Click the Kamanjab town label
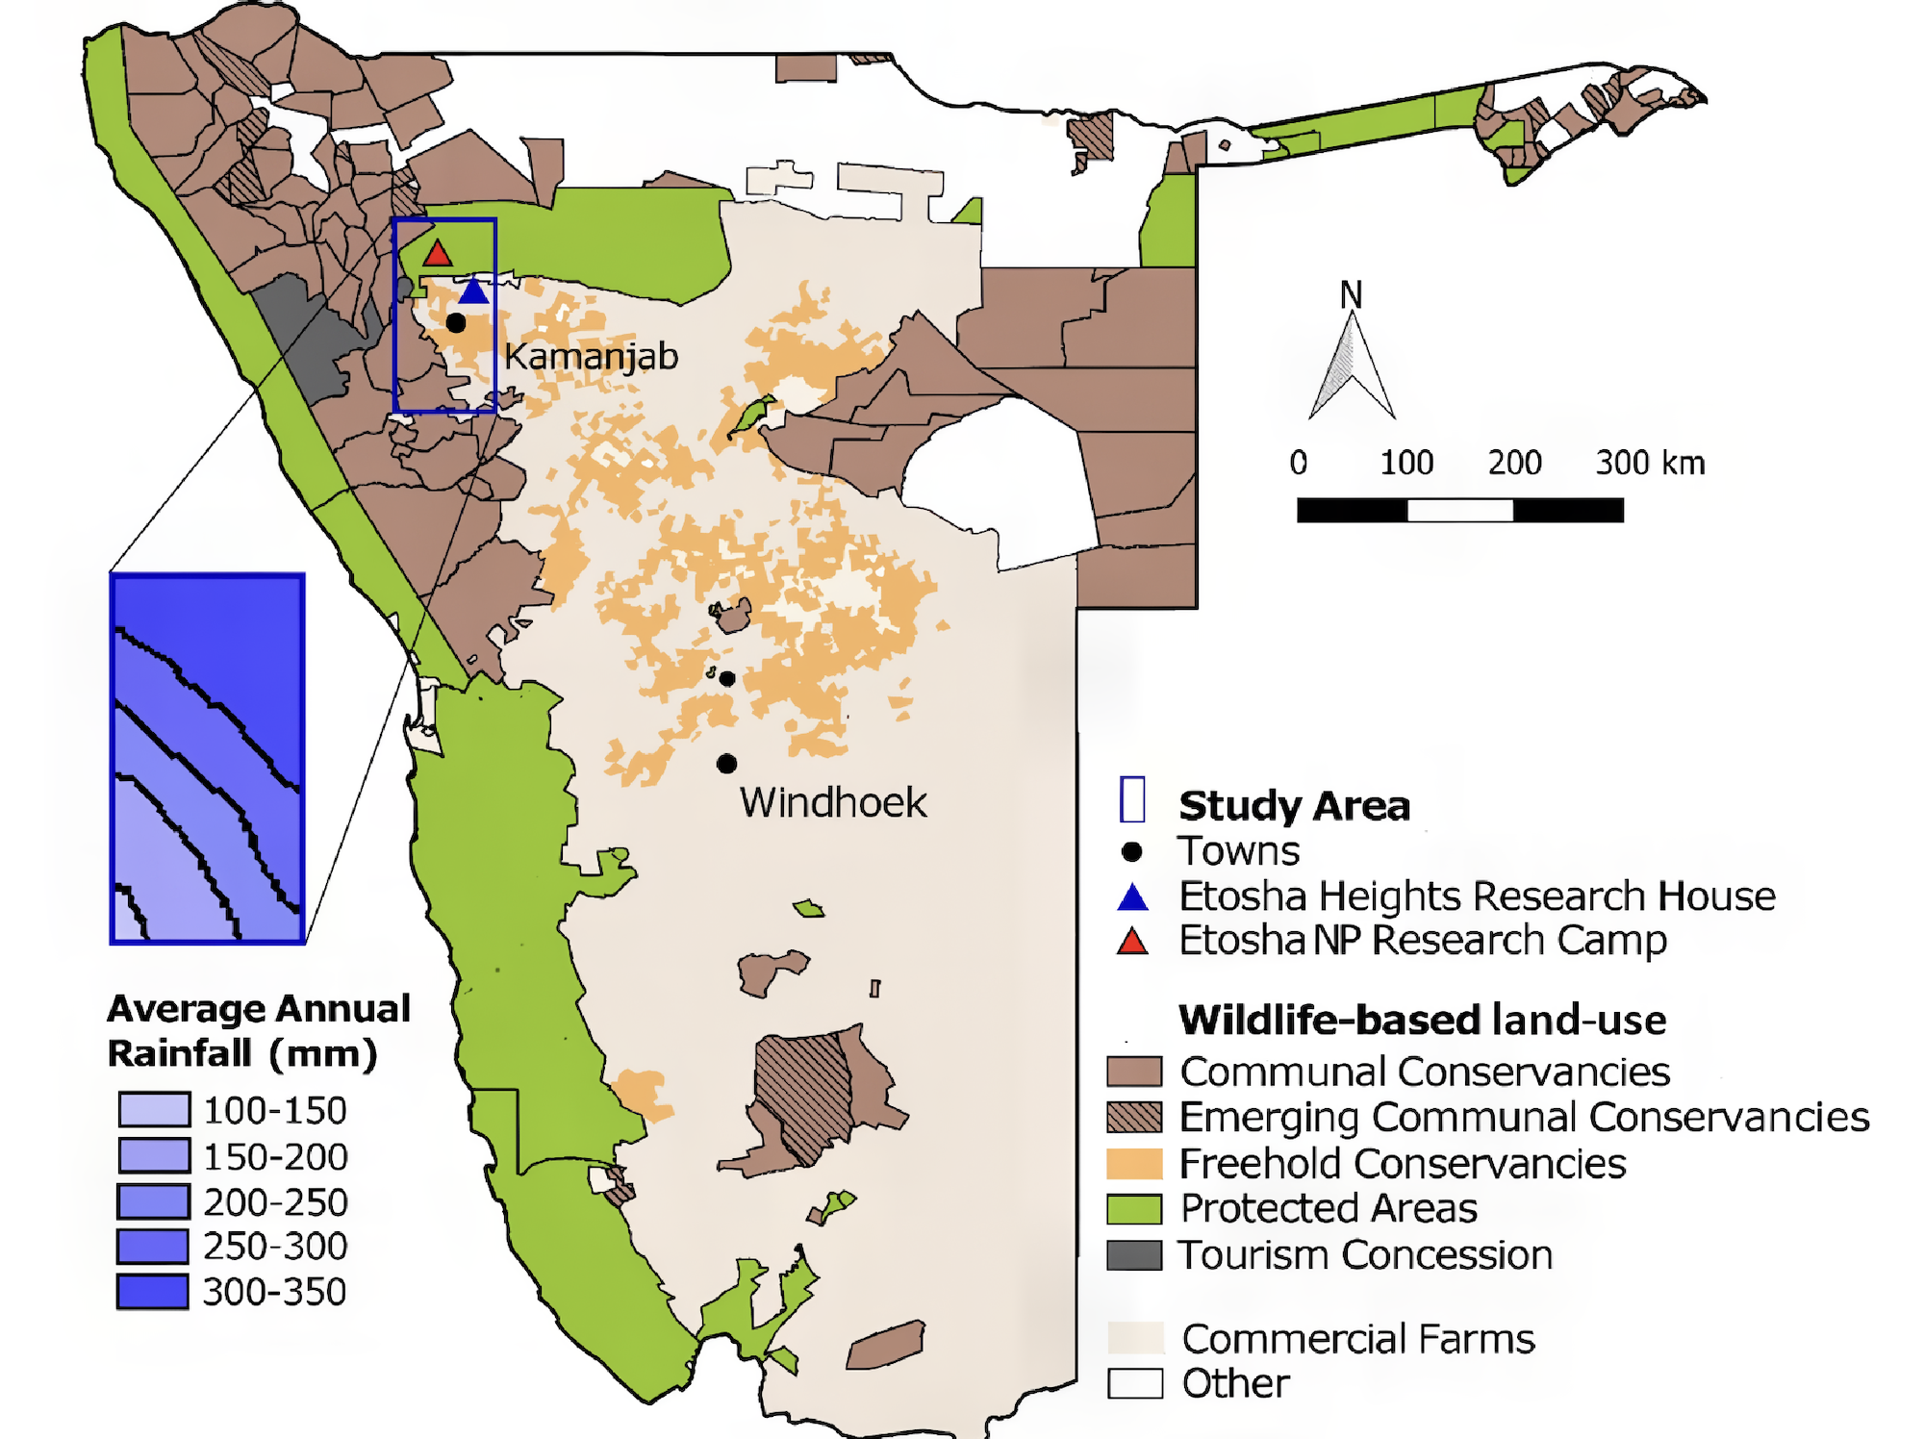[591, 357]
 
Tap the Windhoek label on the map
[832, 802]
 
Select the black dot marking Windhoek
[726, 764]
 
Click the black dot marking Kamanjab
[456, 323]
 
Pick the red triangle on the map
[438, 254]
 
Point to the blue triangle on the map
[473, 291]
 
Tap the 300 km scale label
[1649, 463]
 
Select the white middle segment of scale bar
[1459, 510]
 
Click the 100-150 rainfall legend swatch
[154, 1109]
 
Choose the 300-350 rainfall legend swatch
[153, 1291]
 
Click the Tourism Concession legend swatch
[1134, 1255]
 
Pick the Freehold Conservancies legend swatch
[1134, 1163]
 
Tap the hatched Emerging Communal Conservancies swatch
[1134, 1117]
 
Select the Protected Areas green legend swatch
[1134, 1209]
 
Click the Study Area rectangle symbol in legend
[1132, 799]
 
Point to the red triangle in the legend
[1132, 941]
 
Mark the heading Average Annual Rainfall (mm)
[258, 1030]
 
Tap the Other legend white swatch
[1134, 1383]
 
